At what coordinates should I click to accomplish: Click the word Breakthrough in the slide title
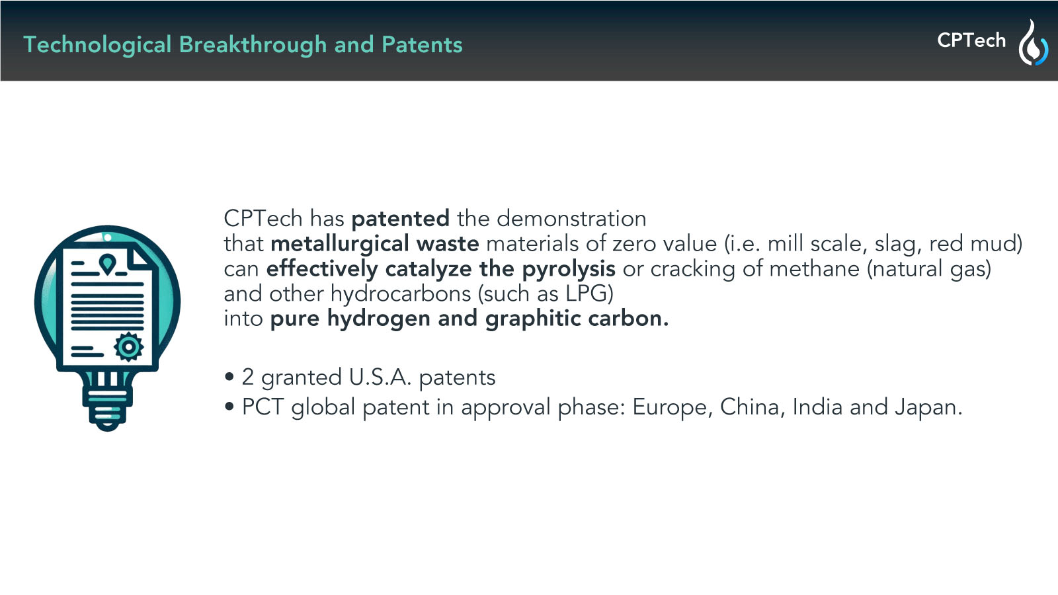coord(253,46)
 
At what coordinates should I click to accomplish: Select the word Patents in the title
coord(422,45)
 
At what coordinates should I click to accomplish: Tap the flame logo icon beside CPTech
coord(1033,42)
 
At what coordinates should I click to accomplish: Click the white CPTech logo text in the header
coord(971,40)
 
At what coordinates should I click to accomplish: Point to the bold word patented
coord(401,219)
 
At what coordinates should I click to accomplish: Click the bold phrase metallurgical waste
coord(374,245)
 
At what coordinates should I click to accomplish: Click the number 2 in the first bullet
coord(248,377)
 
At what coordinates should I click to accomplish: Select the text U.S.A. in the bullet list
coord(380,377)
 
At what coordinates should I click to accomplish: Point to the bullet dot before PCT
coord(229,407)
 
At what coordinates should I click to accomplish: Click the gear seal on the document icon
coord(128,347)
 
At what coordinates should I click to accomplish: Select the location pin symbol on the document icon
coord(108,264)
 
